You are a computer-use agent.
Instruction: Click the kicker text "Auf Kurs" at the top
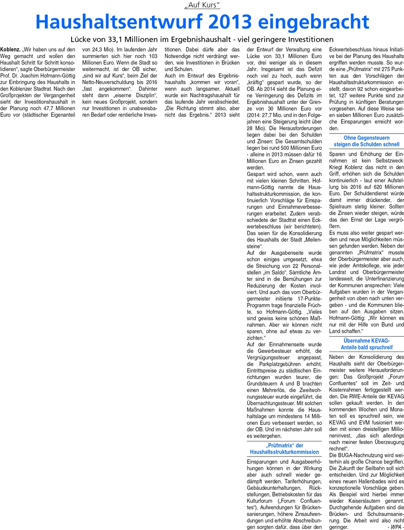pyautogui.click(x=202, y=6)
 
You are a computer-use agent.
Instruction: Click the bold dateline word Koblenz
pyautogui.click(x=10, y=50)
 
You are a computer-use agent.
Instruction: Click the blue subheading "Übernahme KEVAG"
pyautogui.click(x=367, y=330)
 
